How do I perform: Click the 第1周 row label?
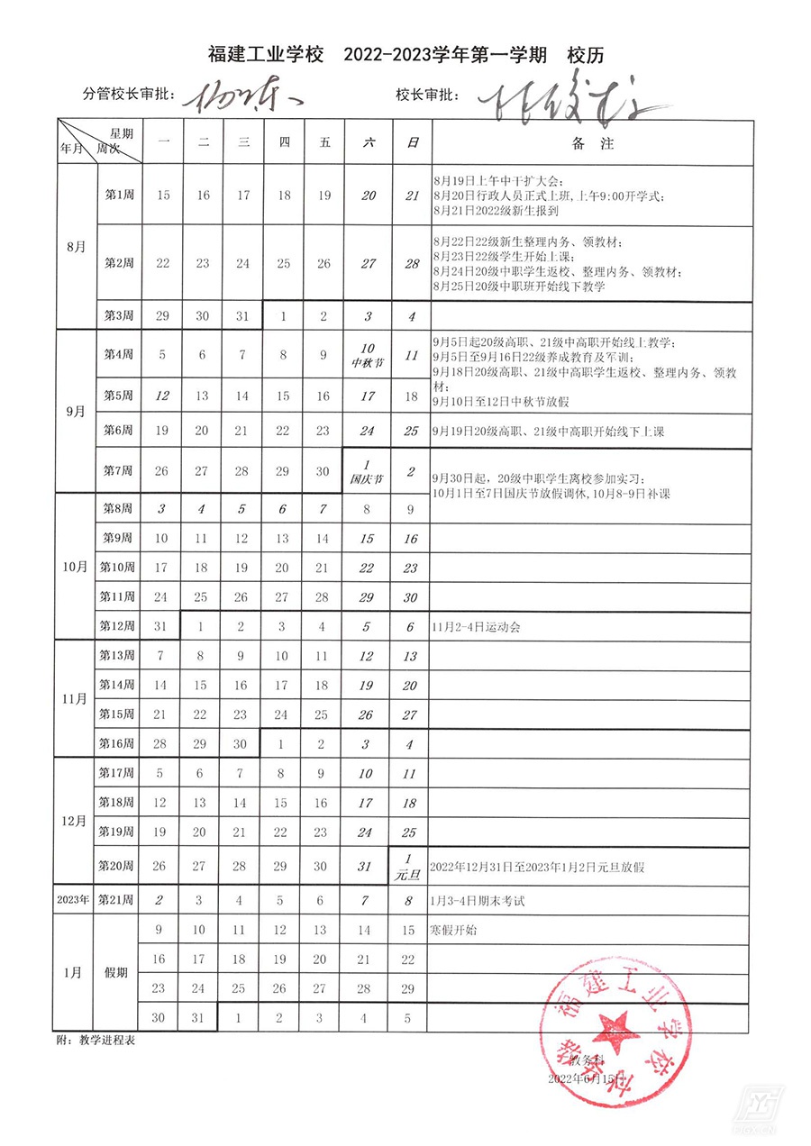coord(119,195)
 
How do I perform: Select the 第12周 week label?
coord(116,627)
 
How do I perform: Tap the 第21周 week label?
coord(116,900)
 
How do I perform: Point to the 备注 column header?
coord(591,142)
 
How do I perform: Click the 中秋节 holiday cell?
coord(367,355)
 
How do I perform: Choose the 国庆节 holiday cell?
coord(367,472)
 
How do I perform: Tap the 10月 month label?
coord(75,567)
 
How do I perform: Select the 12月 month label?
coord(75,821)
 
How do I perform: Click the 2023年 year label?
coord(74,900)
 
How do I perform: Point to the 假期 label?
coord(116,973)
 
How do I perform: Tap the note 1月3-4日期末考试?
coord(478,900)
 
